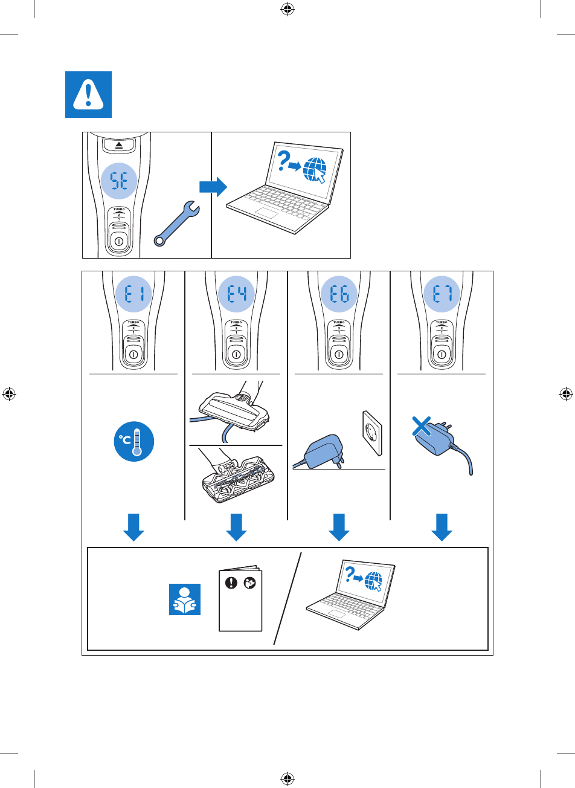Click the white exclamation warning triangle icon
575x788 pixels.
88,94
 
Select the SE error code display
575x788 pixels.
118,179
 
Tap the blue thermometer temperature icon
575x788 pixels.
133,442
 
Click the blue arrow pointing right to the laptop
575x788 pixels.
213,187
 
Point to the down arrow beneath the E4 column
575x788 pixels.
236,528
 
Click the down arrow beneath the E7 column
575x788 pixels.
442,528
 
